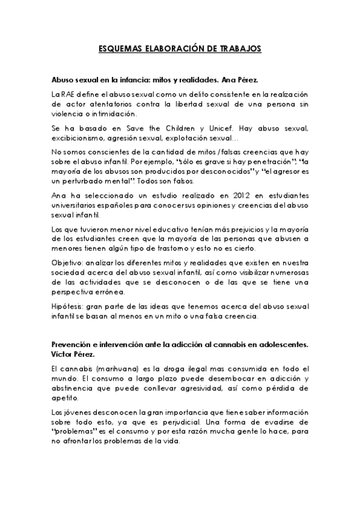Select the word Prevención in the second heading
coord(73,346)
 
